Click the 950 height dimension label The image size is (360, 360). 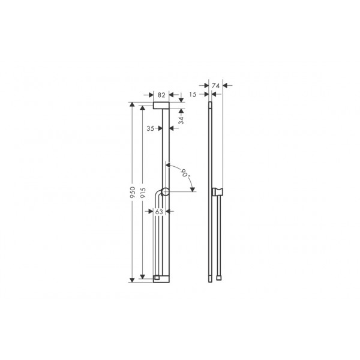point(133,192)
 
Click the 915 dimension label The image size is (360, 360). point(143,193)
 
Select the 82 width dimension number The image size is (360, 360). point(161,95)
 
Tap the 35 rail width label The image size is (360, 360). point(151,128)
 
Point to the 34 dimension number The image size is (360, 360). point(181,120)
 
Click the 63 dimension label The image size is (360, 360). point(159,212)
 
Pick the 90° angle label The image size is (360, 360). point(185,173)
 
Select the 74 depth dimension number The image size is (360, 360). point(215,86)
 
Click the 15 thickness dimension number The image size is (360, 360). point(193,94)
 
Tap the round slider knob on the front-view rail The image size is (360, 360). point(166,192)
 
